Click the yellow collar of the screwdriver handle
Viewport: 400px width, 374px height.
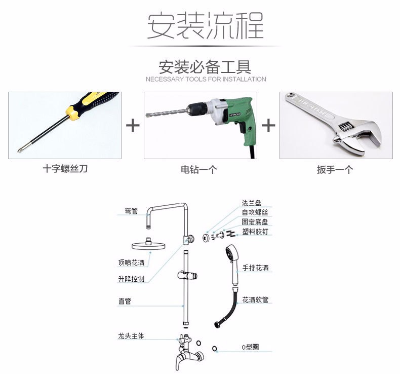tap(72, 112)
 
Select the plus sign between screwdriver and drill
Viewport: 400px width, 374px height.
tap(133, 125)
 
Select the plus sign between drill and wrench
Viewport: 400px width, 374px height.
tap(268, 125)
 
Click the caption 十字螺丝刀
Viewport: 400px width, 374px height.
tap(65, 169)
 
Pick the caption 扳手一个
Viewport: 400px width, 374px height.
tap(335, 169)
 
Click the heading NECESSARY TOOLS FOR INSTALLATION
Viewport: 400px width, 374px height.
tap(206, 79)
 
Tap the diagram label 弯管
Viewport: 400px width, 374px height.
tap(131, 211)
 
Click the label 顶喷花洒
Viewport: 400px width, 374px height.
tap(131, 263)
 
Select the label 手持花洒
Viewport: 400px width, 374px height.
tap(255, 268)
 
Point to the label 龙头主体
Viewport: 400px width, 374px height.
tap(131, 336)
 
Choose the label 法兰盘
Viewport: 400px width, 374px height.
tap(252, 203)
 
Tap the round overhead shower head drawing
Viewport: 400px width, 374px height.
tap(148, 245)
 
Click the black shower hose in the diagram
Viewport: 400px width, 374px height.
tap(228, 309)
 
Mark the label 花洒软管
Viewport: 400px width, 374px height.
tap(255, 300)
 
